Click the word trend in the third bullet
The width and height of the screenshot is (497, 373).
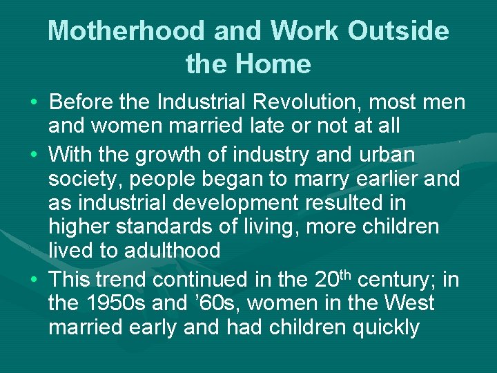coord(122,280)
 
